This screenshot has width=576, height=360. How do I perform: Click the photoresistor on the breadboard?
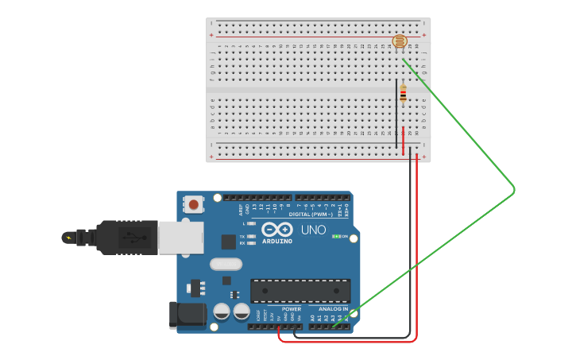click(x=400, y=41)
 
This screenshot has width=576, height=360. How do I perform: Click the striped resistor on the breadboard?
click(x=403, y=94)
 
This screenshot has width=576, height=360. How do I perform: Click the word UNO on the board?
click(x=313, y=230)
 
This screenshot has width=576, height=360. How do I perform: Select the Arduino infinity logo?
click(x=277, y=229)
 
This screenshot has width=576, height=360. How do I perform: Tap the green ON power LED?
click(x=336, y=236)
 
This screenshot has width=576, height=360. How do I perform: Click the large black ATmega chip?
click(x=300, y=290)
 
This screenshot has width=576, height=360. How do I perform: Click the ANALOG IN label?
click(x=334, y=308)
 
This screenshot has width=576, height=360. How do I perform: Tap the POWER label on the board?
click(x=291, y=308)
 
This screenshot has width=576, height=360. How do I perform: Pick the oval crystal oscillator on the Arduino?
click(x=226, y=264)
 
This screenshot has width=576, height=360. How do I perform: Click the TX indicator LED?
click(x=251, y=236)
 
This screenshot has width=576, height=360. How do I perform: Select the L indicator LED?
click(x=251, y=224)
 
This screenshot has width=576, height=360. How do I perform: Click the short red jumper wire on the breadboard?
click(x=403, y=141)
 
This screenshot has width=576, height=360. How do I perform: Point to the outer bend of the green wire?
click(x=515, y=189)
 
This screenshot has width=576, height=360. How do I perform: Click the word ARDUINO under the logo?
click(x=277, y=241)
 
